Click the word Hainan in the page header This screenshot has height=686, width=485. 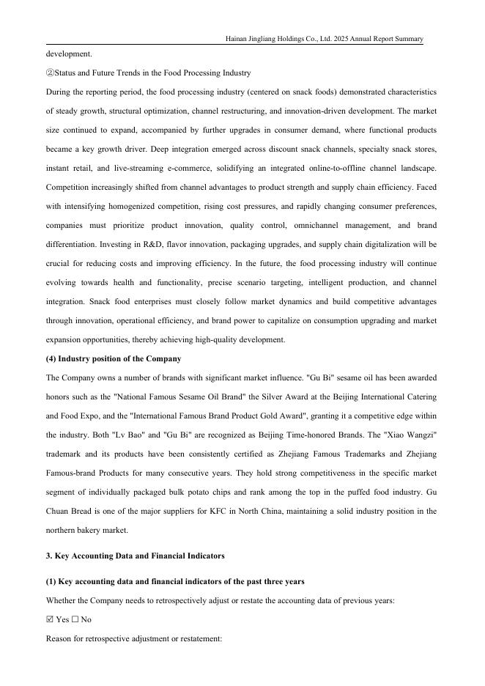(x=237, y=39)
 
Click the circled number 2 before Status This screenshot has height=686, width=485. (x=50, y=73)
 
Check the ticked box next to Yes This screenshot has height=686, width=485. (x=49, y=619)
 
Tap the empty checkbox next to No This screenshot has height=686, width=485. (x=74, y=619)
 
